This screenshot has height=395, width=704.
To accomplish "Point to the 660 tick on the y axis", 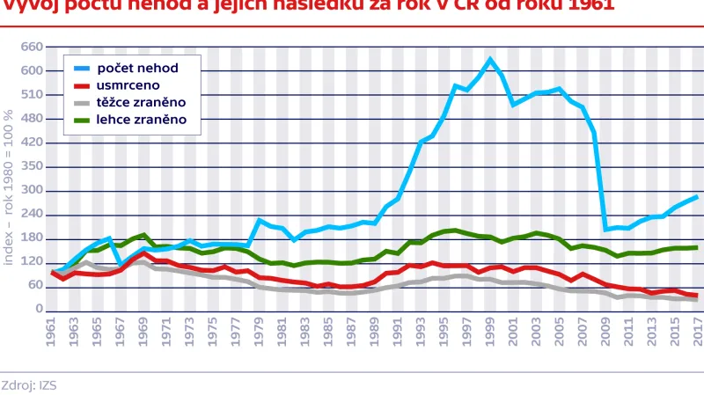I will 32,47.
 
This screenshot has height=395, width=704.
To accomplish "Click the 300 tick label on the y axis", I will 32,190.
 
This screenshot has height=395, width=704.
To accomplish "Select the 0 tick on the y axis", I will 39,310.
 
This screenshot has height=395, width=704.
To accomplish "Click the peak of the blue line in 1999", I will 491,60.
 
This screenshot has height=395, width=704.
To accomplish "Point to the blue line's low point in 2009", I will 605,229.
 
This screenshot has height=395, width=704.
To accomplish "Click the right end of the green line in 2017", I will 696,247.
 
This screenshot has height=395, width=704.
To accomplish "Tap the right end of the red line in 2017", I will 696,296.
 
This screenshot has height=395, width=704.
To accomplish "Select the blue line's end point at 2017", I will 696,197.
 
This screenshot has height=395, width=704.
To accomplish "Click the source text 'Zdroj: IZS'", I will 28,384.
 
